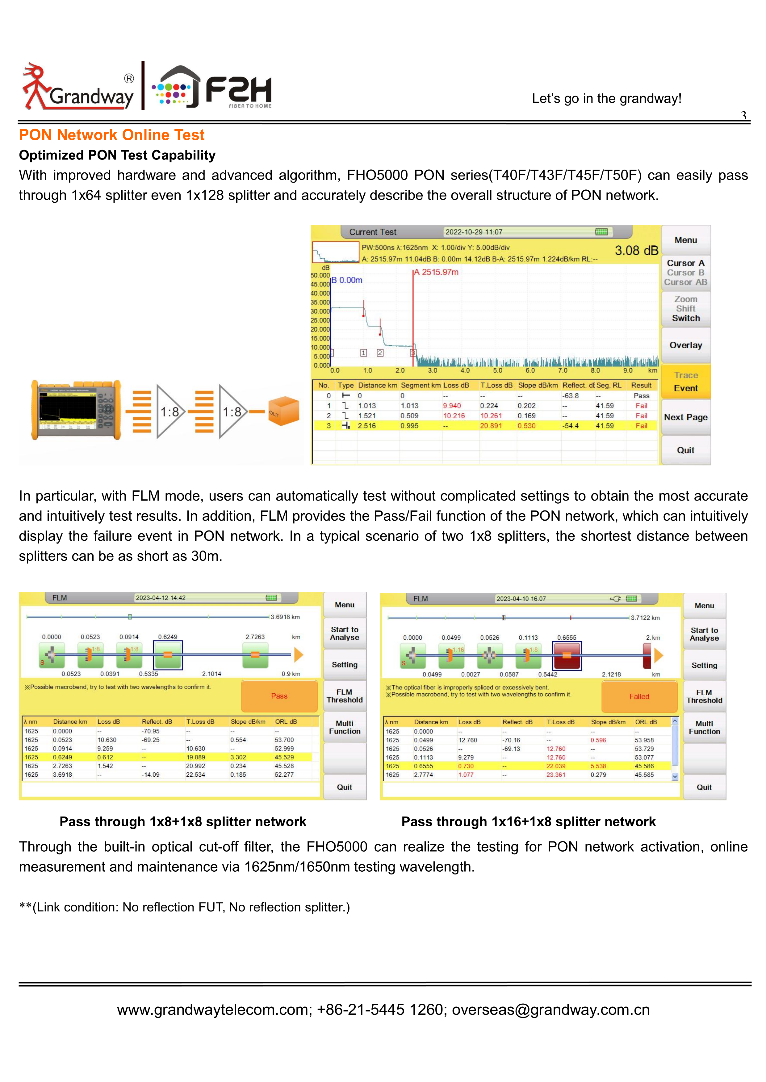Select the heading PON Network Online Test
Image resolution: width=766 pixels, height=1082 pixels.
pyautogui.click(x=112, y=135)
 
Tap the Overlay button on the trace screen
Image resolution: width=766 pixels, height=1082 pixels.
pyautogui.click(x=686, y=345)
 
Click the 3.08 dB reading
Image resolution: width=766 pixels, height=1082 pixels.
pyautogui.click(x=636, y=250)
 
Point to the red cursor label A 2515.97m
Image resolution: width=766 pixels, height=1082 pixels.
pyautogui.click(x=436, y=272)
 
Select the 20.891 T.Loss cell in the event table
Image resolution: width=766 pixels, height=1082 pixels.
pyautogui.click(x=491, y=426)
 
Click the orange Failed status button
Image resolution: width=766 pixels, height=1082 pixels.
pyautogui.click(x=639, y=696)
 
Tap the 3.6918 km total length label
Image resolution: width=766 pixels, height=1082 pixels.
pyautogui.click(x=285, y=617)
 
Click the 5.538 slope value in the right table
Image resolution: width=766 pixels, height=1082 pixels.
pyautogui.click(x=598, y=766)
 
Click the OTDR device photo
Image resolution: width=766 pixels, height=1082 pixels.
pyautogui.click(x=76, y=410)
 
